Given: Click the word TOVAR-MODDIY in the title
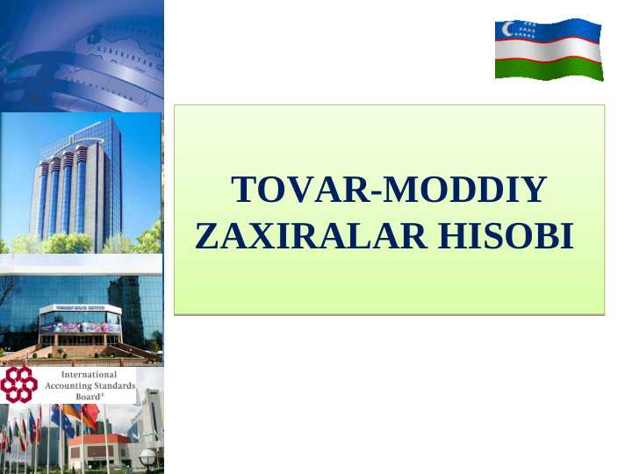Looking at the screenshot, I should pos(387,190).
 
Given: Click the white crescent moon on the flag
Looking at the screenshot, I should pos(506,29).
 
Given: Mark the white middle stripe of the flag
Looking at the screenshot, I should pos(549,49).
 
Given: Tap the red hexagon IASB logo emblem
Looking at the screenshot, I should pos(18,384).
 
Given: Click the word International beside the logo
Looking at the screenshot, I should pos(89,375).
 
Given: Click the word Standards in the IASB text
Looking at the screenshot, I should pos(115,385).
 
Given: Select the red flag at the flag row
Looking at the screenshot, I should pos(90,415).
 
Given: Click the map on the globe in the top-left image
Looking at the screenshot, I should pos(123,44).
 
